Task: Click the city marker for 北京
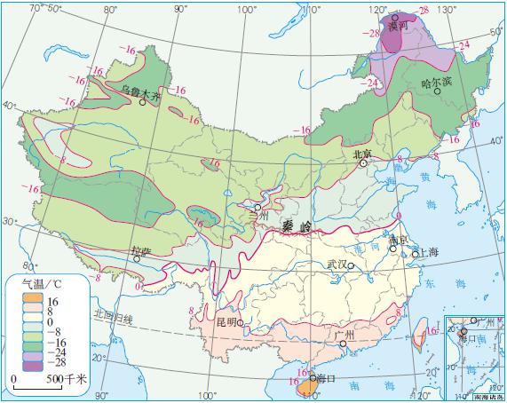pyautogui.click(x=363, y=163)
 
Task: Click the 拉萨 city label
pyautogui.click(x=141, y=252)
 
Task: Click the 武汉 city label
pyautogui.click(x=337, y=265)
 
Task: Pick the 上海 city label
pyautogui.click(x=427, y=253)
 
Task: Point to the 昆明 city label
pyautogui.click(x=226, y=322)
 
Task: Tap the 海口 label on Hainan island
pyautogui.click(x=325, y=378)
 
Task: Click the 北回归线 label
pyautogui.click(x=115, y=316)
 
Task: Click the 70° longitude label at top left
pyautogui.click(x=36, y=8)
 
